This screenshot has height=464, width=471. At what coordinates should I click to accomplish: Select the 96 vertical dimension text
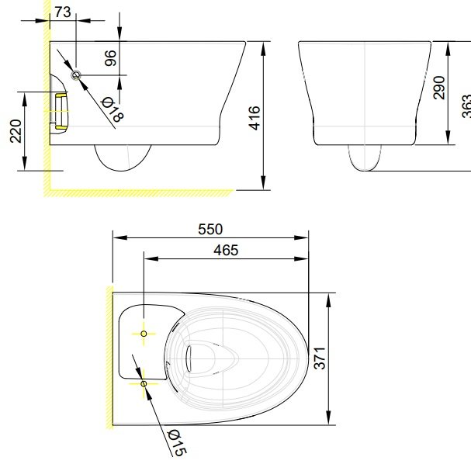(110, 59)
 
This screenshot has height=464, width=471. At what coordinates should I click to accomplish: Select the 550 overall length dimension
(210, 229)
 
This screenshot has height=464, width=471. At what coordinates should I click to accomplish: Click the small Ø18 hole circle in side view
(76, 74)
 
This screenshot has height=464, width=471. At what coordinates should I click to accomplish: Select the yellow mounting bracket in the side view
(60, 109)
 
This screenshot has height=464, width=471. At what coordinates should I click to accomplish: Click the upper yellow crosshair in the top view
(144, 333)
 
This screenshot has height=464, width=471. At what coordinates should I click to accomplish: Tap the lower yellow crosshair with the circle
(144, 383)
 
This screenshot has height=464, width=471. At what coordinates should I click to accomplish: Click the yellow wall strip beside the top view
(109, 357)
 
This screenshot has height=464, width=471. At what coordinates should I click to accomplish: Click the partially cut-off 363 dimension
(466, 105)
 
